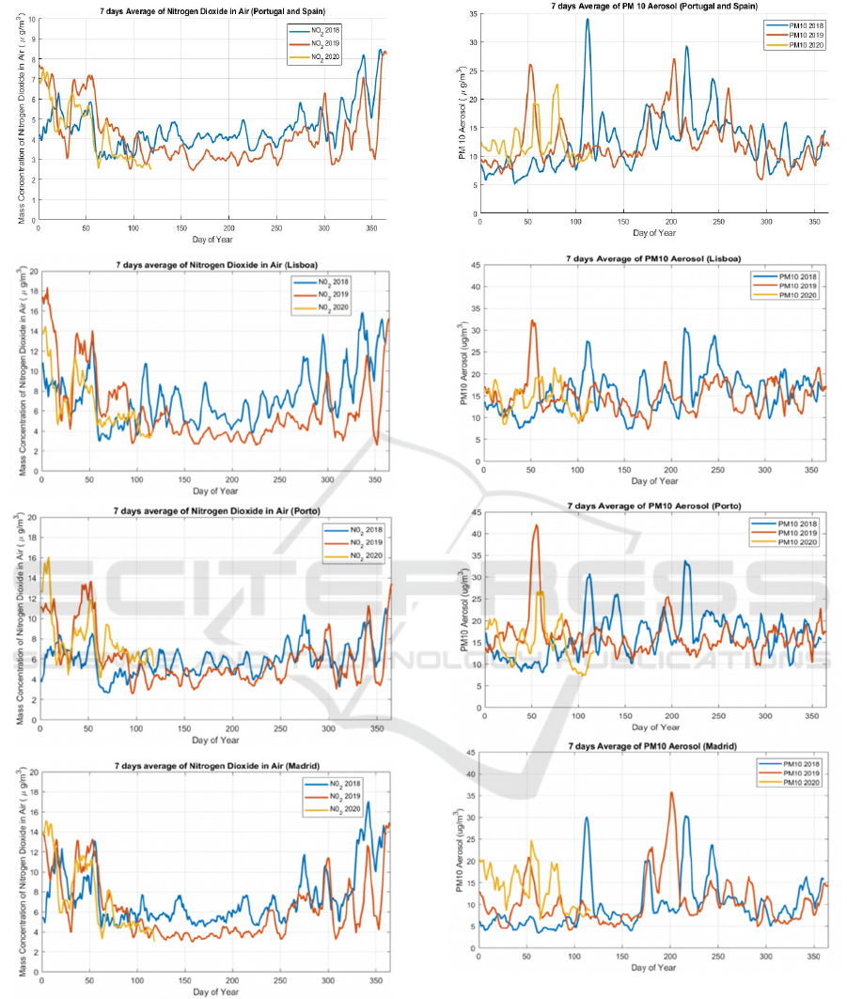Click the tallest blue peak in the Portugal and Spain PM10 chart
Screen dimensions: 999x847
point(588,20)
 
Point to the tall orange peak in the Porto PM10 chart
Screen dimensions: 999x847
point(537,525)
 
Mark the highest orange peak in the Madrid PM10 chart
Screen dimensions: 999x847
point(671,792)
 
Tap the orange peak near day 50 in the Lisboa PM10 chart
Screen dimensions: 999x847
point(532,321)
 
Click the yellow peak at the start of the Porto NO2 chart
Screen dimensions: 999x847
point(47,558)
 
